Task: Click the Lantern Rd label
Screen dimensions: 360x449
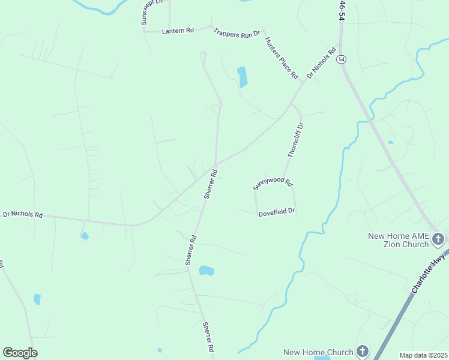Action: pyautogui.click(x=178, y=31)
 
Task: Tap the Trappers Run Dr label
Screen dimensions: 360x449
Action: pyautogui.click(x=237, y=34)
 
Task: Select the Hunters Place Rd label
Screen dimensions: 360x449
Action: pyautogui.click(x=281, y=58)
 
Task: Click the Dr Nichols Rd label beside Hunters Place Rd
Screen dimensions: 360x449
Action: pyautogui.click(x=321, y=63)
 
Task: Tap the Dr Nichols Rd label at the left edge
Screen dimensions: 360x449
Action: pyautogui.click(x=23, y=214)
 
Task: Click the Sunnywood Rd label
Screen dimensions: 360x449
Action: pyautogui.click(x=273, y=184)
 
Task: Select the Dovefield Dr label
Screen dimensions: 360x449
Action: pyautogui.click(x=277, y=212)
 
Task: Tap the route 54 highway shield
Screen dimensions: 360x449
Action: pyautogui.click(x=342, y=59)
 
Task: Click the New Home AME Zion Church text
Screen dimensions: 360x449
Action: pyautogui.click(x=399, y=240)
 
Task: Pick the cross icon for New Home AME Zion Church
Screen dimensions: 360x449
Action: pyautogui.click(x=438, y=239)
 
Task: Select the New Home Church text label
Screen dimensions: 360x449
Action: pyautogui.click(x=318, y=352)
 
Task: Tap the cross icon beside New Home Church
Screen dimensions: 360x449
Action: pyautogui.click(x=362, y=352)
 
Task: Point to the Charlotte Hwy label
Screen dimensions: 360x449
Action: pyautogui.click(x=430, y=272)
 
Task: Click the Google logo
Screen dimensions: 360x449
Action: pyautogui.click(x=20, y=352)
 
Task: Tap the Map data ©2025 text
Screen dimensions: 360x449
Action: pyautogui.click(x=423, y=355)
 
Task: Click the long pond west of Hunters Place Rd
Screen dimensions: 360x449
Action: pyautogui.click(x=243, y=77)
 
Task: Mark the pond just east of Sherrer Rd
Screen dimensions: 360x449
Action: pyautogui.click(x=206, y=271)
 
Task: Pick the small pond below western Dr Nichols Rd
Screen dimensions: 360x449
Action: pyautogui.click(x=85, y=236)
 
